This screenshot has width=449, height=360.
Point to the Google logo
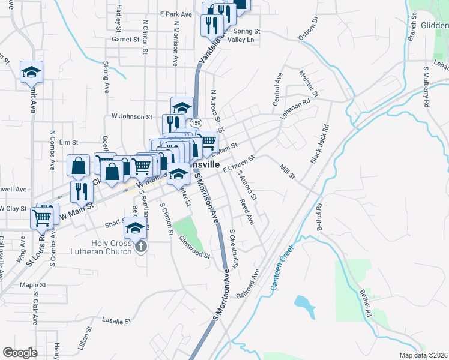click(x=20, y=353)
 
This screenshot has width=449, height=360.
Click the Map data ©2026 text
click(x=424, y=355)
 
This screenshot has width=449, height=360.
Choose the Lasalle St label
click(x=116, y=321)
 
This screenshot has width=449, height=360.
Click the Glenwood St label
click(x=195, y=247)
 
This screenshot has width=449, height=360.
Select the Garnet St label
click(x=125, y=39)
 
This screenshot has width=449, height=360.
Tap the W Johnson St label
click(x=132, y=116)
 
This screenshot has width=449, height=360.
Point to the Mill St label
click(x=288, y=171)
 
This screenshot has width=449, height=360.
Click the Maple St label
click(x=33, y=285)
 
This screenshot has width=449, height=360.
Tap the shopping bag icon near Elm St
click(x=79, y=165)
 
